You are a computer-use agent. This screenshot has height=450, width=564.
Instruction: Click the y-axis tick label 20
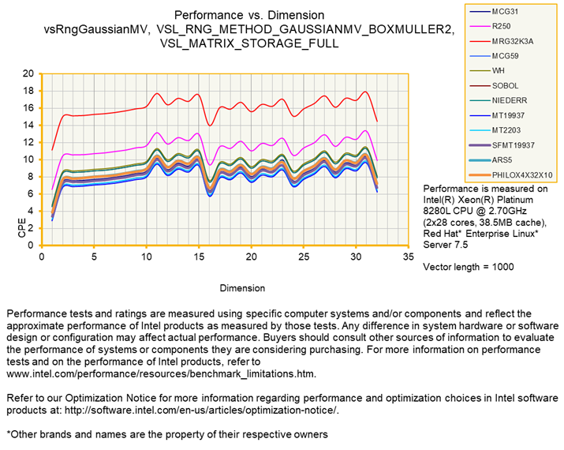(x=29, y=73)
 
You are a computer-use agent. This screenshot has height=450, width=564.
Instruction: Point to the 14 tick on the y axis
(x=29, y=125)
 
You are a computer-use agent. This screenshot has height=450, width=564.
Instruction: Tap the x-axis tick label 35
(x=408, y=257)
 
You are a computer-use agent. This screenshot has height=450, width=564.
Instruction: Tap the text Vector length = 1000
(x=469, y=267)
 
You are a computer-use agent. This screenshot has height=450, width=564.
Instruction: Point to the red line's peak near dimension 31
(x=365, y=92)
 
